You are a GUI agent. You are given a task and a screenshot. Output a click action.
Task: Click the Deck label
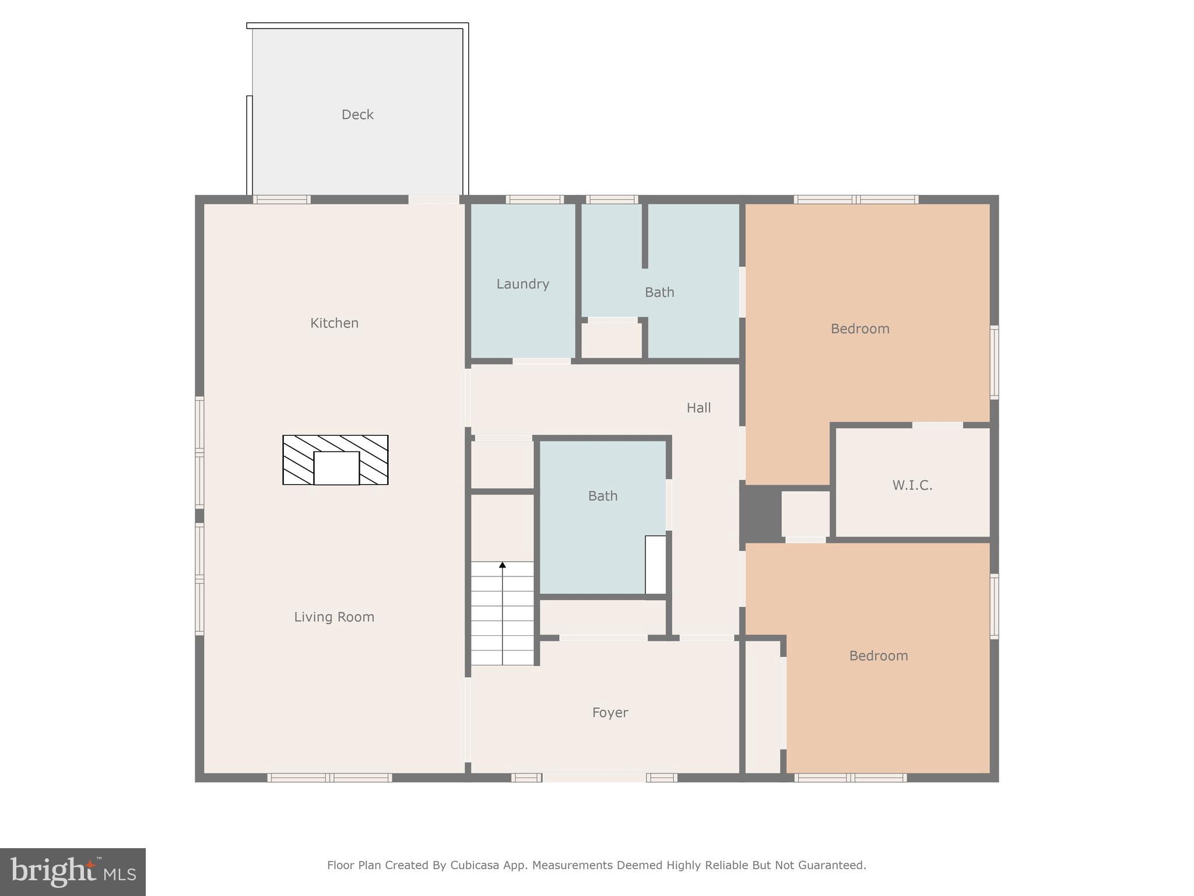(357, 114)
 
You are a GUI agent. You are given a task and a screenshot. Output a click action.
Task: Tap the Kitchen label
(334, 323)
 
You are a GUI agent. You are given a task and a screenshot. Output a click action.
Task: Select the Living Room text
(334, 617)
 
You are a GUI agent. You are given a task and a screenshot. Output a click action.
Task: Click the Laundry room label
(522, 283)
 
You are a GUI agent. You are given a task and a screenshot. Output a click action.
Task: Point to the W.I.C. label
(912, 485)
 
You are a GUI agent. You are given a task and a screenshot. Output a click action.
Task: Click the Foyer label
(610, 712)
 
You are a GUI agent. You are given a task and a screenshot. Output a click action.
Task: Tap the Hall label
(698, 408)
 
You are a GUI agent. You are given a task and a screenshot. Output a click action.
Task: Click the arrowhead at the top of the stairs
(503, 565)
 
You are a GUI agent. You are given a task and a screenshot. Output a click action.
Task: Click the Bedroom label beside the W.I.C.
(860, 328)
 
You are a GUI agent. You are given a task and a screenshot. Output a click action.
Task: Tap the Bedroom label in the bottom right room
(878, 656)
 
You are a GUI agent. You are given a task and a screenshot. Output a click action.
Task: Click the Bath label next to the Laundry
(659, 292)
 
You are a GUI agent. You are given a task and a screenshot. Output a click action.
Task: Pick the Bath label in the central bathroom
(602, 496)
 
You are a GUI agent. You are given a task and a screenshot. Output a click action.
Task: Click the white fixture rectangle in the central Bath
(655, 564)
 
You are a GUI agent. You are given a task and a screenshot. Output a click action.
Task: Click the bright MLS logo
(73, 872)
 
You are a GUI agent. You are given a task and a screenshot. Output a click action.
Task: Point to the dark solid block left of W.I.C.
(760, 513)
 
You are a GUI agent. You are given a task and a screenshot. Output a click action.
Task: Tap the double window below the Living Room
(329, 778)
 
